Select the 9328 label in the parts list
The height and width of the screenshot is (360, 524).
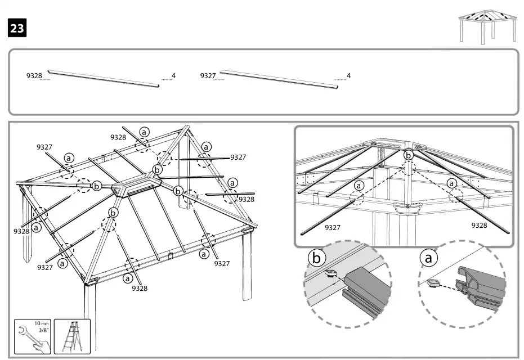point(34,76)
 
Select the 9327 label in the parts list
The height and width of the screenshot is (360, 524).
point(208,75)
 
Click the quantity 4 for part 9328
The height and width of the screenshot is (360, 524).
point(173,76)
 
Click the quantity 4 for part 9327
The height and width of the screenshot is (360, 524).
point(348,76)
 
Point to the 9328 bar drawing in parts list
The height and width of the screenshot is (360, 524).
point(104,79)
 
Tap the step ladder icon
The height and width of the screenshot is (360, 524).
point(71,337)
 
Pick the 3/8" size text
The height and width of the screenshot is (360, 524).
point(43,331)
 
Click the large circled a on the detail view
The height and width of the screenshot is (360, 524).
point(429,258)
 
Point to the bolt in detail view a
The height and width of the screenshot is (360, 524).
point(435,283)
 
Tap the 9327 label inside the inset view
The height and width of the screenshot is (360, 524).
point(334,228)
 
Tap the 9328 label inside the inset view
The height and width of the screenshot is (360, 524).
point(480,225)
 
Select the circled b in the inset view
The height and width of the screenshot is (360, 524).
point(409,154)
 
